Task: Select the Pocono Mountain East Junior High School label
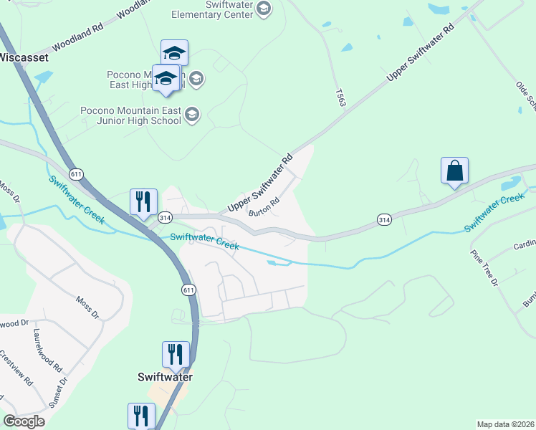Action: click(x=131, y=115)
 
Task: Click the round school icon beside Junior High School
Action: click(x=192, y=115)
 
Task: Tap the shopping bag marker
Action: click(x=454, y=172)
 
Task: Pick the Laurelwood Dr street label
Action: click(x=13, y=323)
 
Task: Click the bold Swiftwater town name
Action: click(x=166, y=376)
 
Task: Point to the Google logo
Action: click(x=24, y=421)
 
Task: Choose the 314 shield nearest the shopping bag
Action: click(x=384, y=220)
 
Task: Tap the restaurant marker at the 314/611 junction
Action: click(x=143, y=202)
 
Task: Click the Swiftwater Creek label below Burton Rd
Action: click(x=204, y=241)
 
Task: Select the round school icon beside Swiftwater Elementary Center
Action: click(x=263, y=9)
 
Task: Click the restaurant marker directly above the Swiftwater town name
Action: click(x=176, y=354)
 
